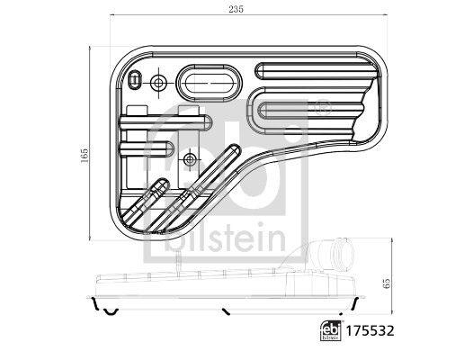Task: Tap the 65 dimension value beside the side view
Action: [387, 282]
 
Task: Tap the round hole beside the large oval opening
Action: [159, 84]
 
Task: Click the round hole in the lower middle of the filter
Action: [189, 159]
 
